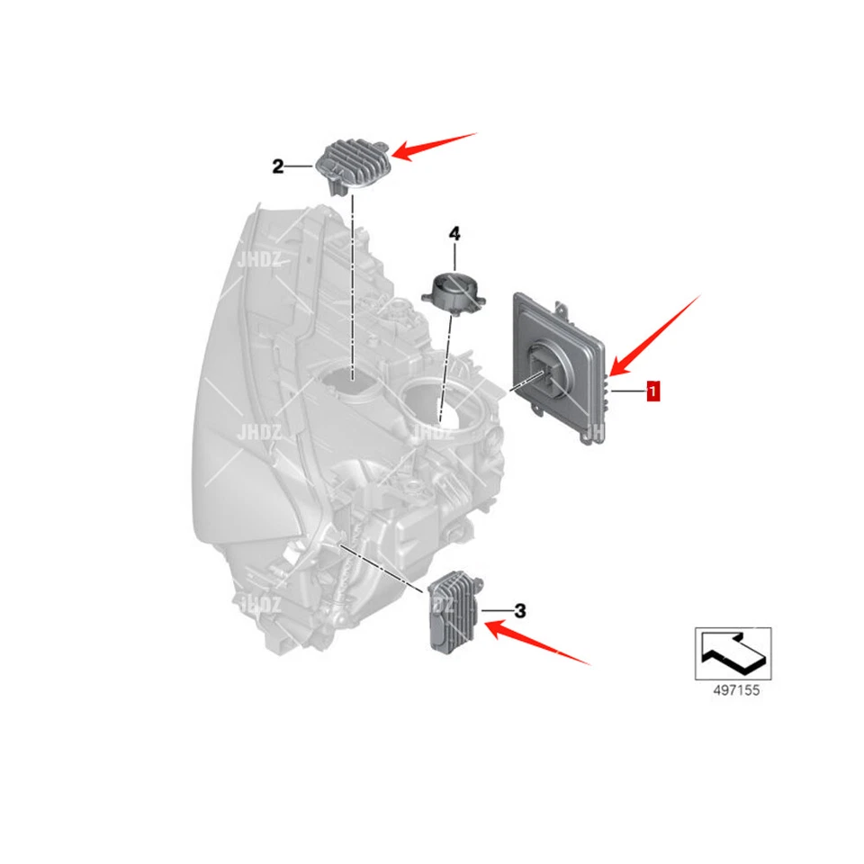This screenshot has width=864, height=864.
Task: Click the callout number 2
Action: pyautogui.click(x=278, y=166)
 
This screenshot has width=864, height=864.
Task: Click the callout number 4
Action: pyautogui.click(x=454, y=234)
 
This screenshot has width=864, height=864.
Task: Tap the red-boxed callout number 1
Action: pyautogui.click(x=652, y=391)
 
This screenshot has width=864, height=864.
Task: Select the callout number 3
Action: pyautogui.click(x=519, y=612)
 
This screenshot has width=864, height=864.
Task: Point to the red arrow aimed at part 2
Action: pyautogui.click(x=436, y=147)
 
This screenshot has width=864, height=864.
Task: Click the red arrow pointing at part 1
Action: pyautogui.click(x=654, y=333)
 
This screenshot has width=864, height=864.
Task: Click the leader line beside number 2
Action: pyautogui.click(x=301, y=166)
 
